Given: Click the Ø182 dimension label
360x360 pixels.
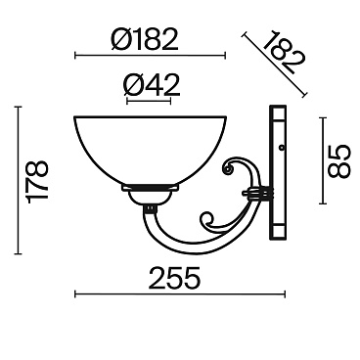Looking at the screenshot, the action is coord(145,39).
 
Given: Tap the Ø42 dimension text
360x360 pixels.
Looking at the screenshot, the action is coord(152,85).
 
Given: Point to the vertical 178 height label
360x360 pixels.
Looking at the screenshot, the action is coord(38,181).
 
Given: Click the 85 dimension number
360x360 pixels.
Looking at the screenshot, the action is coord(338,161).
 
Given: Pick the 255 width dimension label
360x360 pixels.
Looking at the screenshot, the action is coord(174,278).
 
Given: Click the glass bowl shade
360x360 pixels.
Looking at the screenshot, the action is coord(150,151).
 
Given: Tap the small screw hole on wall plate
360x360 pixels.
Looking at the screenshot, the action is coord(282,148).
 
